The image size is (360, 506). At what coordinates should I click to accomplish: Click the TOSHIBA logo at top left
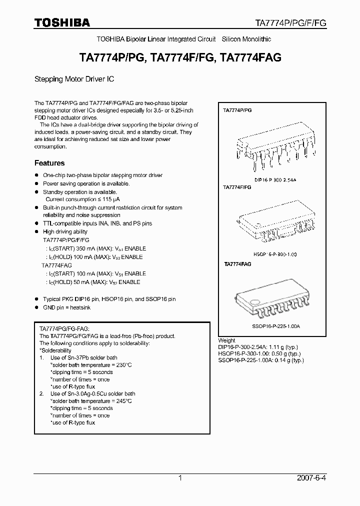(62, 22)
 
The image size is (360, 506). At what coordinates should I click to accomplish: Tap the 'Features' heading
(49, 163)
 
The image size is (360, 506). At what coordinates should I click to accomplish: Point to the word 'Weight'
(226, 340)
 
